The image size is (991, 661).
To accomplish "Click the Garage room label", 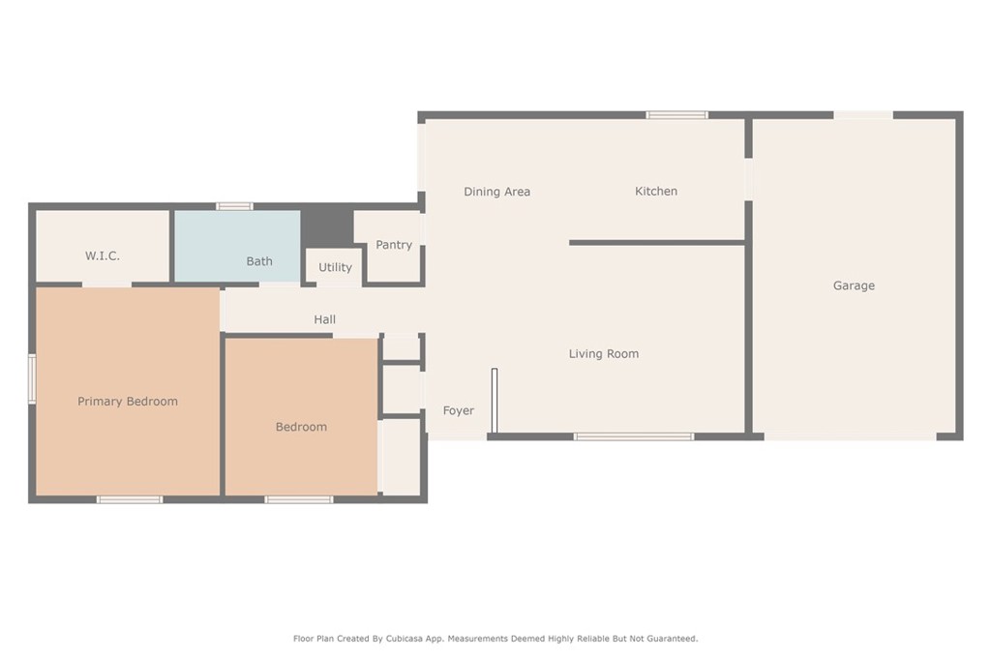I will tap(854, 285).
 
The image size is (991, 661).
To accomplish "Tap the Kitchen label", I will tap(656, 192).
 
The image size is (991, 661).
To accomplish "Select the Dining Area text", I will tap(496, 192).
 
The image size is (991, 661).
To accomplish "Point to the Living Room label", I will tap(603, 354).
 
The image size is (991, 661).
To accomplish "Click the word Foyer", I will tap(459, 410).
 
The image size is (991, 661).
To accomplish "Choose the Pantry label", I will tap(394, 245).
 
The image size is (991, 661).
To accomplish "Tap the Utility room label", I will tap(335, 267).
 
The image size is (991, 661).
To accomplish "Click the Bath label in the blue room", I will tap(259, 261).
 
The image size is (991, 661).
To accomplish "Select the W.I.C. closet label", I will tap(103, 255).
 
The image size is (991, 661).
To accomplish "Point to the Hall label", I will tap(324, 319).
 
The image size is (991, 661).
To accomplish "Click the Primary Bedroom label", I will tap(128, 402).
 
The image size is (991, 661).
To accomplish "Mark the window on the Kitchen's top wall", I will tap(677, 115).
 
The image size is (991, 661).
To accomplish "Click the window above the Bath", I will tap(234, 206).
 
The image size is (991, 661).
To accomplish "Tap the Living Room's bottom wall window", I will tap(634, 436).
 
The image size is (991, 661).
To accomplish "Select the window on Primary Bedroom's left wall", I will tap(32, 378).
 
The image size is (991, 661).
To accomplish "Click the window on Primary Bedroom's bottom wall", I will tap(130, 499).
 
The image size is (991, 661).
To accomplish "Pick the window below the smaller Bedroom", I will tap(299, 499).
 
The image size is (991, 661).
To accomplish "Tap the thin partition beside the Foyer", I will tap(494, 400).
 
